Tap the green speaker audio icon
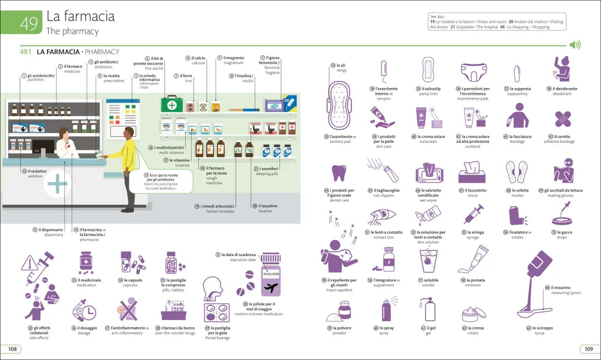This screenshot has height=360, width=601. click(x=575, y=45)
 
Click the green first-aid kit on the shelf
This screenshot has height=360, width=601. click(x=173, y=105)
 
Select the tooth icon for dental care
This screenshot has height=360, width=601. click(x=339, y=173)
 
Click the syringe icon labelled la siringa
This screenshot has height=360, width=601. click(x=473, y=214)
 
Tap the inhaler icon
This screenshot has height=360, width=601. click(x=516, y=215)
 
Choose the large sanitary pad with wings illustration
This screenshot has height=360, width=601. click(x=339, y=105)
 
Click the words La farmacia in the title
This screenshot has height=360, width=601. click(x=80, y=16)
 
